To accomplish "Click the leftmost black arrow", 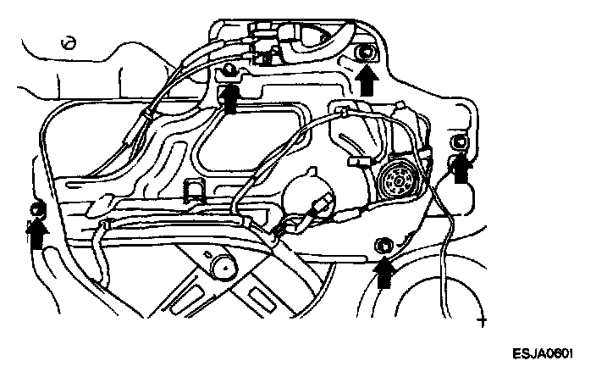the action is click(36, 231).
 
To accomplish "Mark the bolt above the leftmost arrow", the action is click(36, 208).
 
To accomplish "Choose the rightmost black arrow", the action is click(461, 169).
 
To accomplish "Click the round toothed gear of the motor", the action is click(395, 179).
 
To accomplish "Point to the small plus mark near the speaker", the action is click(483, 322).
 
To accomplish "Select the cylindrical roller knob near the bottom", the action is click(224, 266).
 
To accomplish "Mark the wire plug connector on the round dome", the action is click(322, 206).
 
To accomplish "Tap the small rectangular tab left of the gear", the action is click(356, 158).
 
